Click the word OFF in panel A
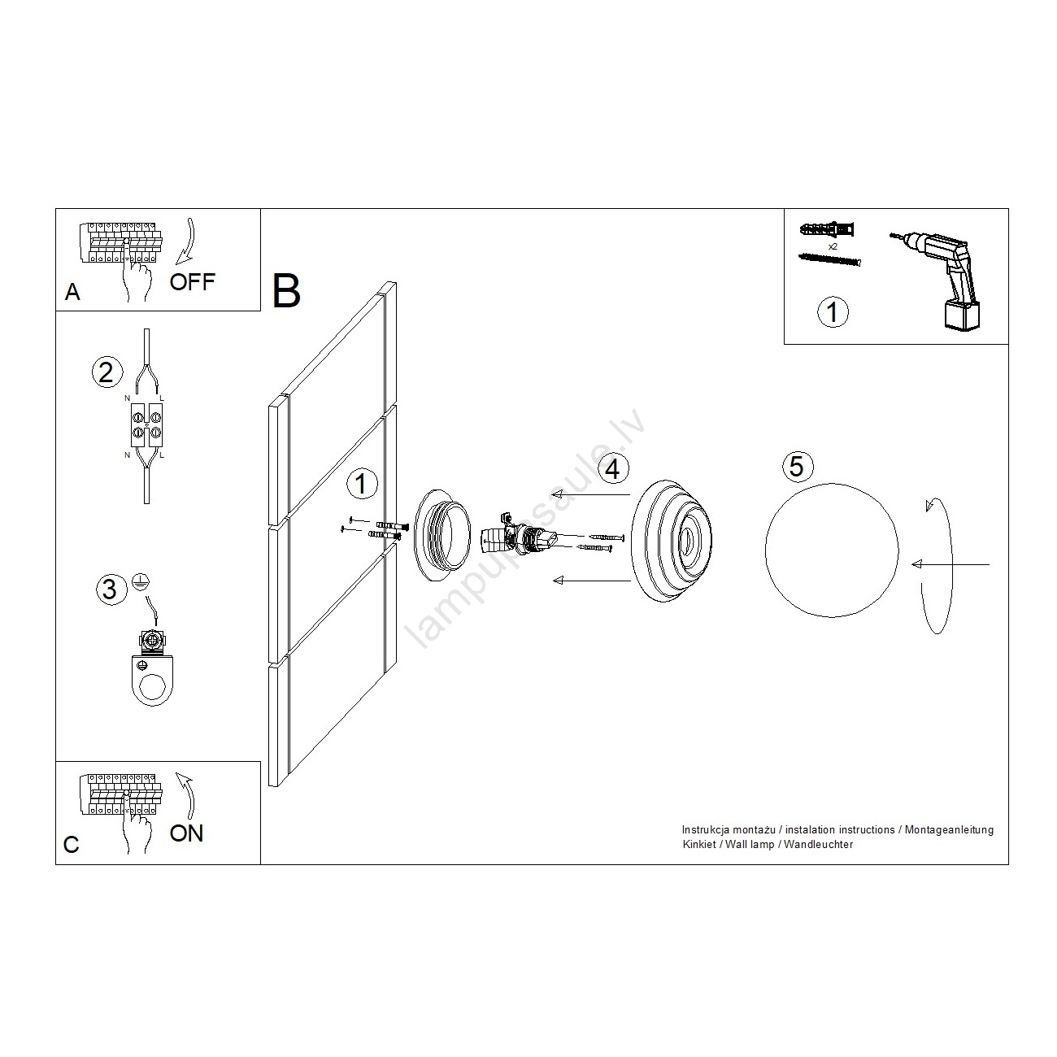192,282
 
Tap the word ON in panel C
186,833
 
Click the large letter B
285,291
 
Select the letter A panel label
72,292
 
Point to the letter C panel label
72,844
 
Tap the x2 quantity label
833,247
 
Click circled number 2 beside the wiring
107,372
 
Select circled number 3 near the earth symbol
111,589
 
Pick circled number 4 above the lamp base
613,469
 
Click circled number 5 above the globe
797,466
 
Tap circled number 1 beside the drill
833,312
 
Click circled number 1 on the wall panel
362,483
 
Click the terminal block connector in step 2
146,424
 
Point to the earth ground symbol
141,581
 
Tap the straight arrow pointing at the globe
950,564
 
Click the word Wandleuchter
819,844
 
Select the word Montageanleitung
949,830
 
